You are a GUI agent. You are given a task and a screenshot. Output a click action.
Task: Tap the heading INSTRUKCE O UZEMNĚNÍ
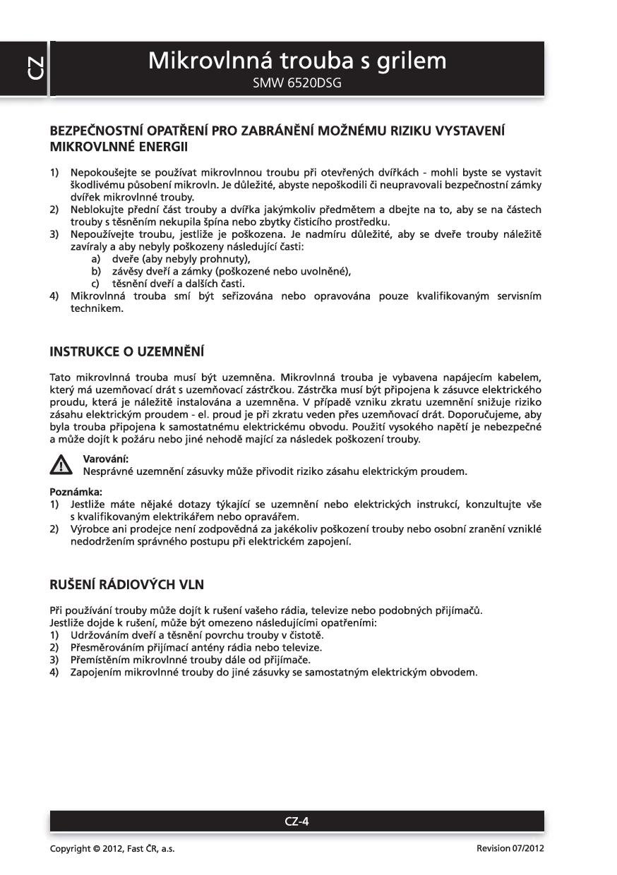coord(126,351)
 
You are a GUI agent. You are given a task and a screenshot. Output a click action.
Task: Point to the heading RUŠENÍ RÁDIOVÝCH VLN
coord(127,584)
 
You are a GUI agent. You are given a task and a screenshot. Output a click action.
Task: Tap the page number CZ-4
coord(296,821)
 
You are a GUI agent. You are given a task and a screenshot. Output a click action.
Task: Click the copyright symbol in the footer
coord(96,849)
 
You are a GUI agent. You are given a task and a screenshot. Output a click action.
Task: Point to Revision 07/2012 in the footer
coord(510,849)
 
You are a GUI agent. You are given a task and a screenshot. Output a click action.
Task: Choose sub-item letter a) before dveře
coord(96,259)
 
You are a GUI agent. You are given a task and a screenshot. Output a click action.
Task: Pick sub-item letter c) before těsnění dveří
coord(96,283)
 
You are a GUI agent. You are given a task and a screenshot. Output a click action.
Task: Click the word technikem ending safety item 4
coord(97,308)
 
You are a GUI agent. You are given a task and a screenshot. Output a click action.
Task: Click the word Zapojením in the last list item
coord(94,672)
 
